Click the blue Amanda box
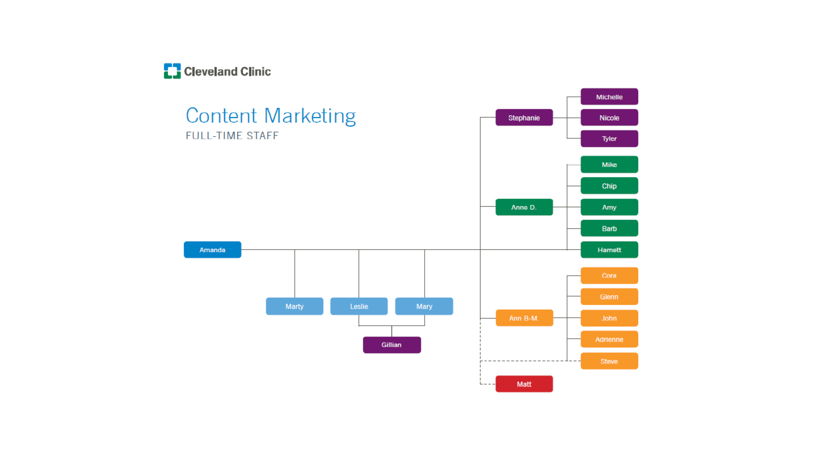(212, 250)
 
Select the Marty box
(294, 306)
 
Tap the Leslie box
(359, 306)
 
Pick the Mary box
(424, 306)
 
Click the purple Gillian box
(391, 345)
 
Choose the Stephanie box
(524, 118)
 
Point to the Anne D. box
(524, 207)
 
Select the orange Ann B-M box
(524, 318)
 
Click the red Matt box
(524, 384)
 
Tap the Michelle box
(609, 97)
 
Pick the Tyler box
(609, 139)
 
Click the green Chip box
(609, 186)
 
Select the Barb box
(609, 229)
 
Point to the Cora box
(609, 275)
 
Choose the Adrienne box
(609, 340)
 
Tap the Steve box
(609, 361)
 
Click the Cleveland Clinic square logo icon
(172, 71)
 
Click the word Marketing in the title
(310, 116)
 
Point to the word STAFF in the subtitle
(263, 136)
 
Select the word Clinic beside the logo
(255, 71)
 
